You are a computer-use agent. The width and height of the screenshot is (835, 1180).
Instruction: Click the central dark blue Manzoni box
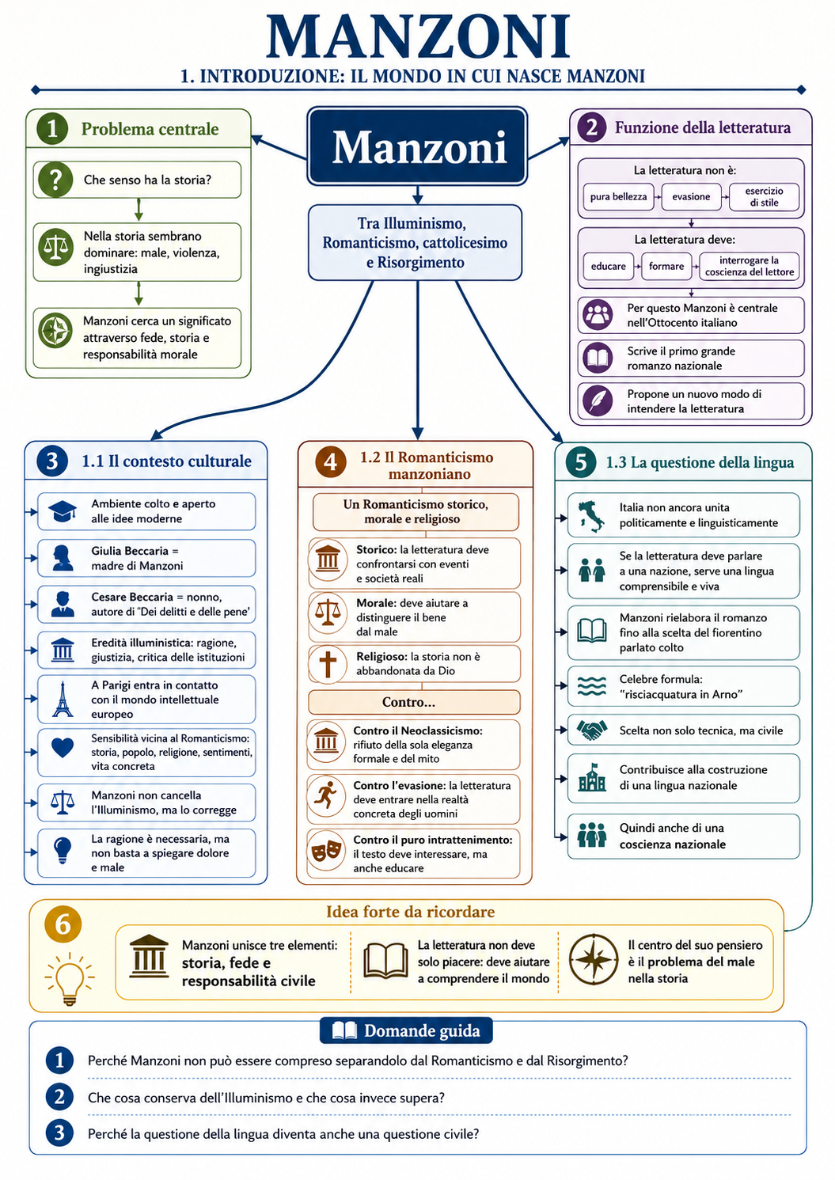coord(417,146)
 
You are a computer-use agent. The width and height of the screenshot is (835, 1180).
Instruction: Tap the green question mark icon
coord(55,180)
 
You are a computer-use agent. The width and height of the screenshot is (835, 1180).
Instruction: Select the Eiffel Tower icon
coord(63,699)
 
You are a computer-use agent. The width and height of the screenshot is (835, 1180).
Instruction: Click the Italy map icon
coord(590,516)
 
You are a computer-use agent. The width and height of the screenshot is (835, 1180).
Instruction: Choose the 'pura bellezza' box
coord(618,197)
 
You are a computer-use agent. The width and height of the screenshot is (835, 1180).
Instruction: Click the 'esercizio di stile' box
coord(764,197)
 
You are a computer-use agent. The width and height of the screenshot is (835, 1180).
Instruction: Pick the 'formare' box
coord(666,267)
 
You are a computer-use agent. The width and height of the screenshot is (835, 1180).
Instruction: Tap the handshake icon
coord(591,730)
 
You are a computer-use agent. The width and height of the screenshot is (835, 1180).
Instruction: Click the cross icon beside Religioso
coord(328,664)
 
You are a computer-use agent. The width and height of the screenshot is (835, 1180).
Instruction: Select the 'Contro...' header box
coord(414,702)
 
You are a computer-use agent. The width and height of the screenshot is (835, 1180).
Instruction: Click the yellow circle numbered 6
coord(63,924)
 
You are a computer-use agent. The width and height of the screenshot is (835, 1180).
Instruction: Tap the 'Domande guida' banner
coord(406,1030)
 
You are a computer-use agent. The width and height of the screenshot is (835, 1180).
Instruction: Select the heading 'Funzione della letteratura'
coord(703,127)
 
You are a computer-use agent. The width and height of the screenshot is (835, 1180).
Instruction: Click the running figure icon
coord(325,795)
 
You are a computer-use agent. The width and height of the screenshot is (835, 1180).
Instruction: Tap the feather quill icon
coord(598,401)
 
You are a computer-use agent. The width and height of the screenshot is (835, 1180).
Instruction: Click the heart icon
coord(63,748)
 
